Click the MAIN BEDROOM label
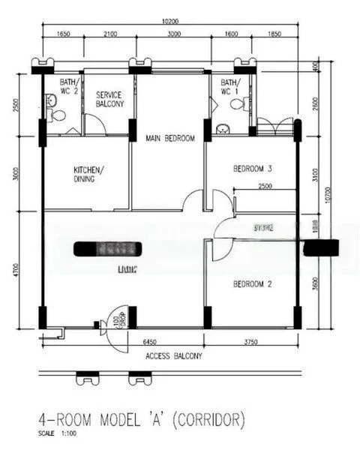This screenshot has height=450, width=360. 170,138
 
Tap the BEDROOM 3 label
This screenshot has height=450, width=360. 252,168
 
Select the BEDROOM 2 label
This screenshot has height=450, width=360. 252,283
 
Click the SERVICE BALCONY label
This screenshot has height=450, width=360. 110,99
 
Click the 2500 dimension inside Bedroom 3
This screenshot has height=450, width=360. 264,186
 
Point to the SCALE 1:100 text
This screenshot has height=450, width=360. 58,433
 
